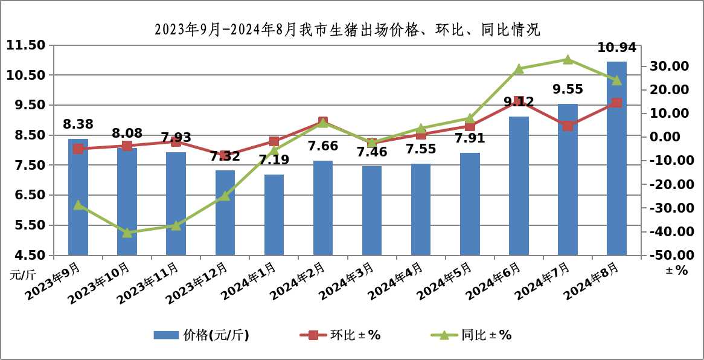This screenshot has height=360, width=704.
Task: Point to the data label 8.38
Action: pyautogui.click(x=78, y=125)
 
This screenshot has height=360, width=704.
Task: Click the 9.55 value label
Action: pyautogui.click(x=568, y=89)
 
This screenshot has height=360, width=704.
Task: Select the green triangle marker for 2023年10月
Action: pyautogui.click(x=127, y=233)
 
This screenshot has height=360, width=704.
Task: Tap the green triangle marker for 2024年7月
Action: pyautogui.click(x=568, y=59)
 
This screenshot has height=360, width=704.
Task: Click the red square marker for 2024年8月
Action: pyautogui.click(x=616, y=103)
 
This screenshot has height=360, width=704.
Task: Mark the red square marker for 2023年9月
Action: pyautogui.click(x=78, y=149)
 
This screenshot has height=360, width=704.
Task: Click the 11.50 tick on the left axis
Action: pyautogui.click(x=26, y=45)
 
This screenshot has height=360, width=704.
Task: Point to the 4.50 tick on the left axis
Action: pyautogui.click(x=26, y=255)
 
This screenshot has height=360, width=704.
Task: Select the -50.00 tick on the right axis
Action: pyautogui.click(x=667, y=256)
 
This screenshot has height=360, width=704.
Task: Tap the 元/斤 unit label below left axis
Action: pyautogui.click(x=22, y=275)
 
